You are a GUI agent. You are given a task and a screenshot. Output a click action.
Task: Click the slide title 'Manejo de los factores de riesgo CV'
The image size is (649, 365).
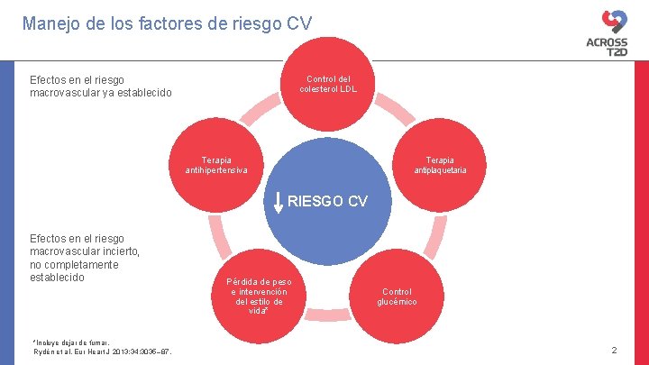point(167,23)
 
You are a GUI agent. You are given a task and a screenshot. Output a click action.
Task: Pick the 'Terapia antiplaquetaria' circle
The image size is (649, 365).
point(440,163)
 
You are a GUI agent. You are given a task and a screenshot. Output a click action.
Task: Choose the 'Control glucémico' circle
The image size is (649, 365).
point(397,296)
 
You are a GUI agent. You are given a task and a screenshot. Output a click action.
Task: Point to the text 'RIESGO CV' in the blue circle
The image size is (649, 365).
point(328,201)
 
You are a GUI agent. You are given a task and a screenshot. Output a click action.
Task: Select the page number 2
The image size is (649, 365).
point(614,350)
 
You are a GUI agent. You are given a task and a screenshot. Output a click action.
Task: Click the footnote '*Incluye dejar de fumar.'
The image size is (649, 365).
point(71,342)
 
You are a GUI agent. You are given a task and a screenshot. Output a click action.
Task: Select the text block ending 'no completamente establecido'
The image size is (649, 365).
point(86,258)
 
